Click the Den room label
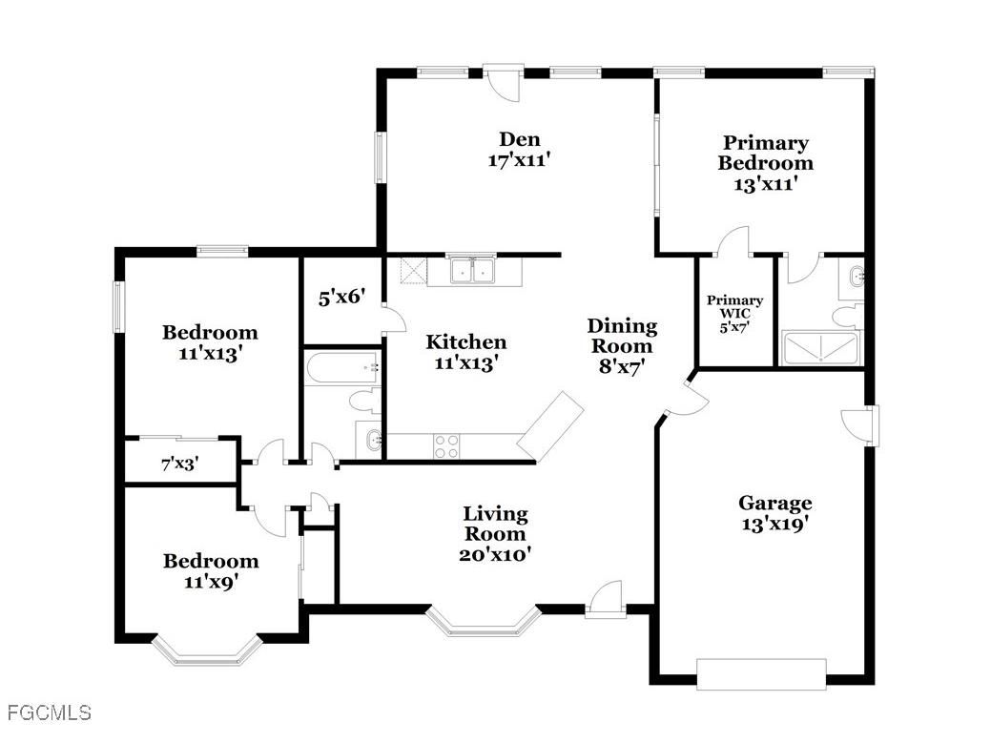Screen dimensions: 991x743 520,139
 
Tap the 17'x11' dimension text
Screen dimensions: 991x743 516,160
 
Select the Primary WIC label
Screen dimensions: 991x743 734,306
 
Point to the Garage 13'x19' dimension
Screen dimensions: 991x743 775,524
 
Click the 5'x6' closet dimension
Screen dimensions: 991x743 341,297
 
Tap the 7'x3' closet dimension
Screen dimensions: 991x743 180,464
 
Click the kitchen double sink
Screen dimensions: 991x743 471,271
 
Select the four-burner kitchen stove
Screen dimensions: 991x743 446,446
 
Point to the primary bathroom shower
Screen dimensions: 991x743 820,347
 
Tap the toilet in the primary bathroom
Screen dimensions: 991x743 846,315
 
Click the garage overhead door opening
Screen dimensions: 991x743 761,674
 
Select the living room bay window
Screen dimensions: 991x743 484,621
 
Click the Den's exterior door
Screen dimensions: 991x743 504,81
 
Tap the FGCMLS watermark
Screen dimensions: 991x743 46,712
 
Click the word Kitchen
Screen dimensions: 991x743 465,341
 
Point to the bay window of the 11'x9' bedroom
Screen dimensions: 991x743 207,650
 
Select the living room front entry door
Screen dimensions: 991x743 605,599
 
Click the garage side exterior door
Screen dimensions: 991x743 860,425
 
